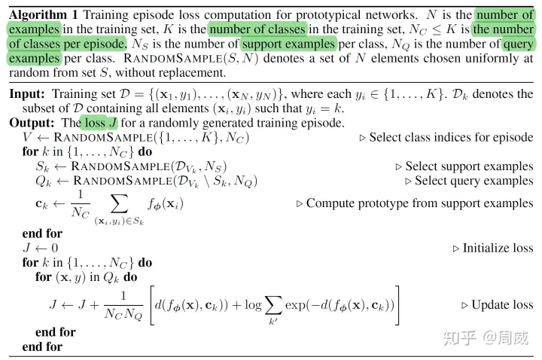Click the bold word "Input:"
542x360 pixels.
tap(27, 94)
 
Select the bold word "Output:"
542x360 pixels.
tap(32, 123)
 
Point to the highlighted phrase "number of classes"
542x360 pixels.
tap(258, 29)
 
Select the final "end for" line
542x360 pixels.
tap(42, 346)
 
